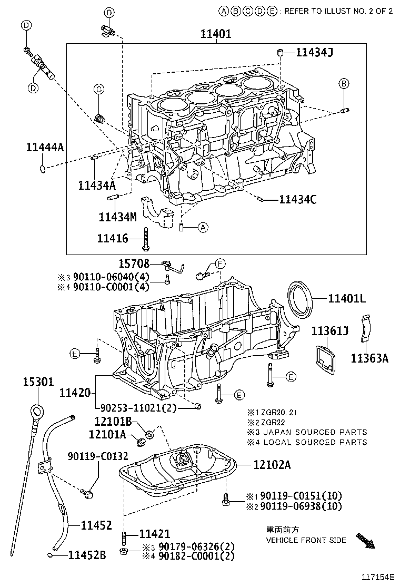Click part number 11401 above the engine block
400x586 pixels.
click(x=216, y=34)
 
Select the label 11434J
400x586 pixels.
click(x=314, y=52)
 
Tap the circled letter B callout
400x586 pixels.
click(x=343, y=83)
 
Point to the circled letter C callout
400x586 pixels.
click(x=98, y=90)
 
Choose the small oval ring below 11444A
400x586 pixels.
click(x=42, y=168)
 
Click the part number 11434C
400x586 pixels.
click(x=298, y=199)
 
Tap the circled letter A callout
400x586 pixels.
click(x=203, y=228)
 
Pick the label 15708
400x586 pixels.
click(x=134, y=263)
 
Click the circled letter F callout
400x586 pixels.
click(x=219, y=263)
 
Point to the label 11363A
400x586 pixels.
click(x=369, y=358)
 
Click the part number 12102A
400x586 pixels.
click(x=272, y=464)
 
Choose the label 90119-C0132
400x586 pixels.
click(x=97, y=456)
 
